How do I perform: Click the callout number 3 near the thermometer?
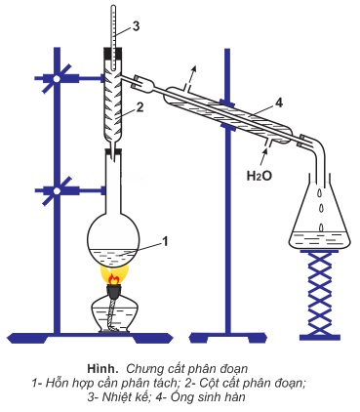pyautogui.click(x=136, y=26)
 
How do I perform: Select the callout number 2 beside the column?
pyautogui.click(x=140, y=107)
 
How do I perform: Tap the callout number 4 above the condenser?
pyautogui.click(x=279, y=103)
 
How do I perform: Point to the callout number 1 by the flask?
pyautogui.click(x=165, y=241)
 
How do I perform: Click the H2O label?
pyautogui.click(x=260, y=176)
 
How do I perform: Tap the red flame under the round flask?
pyautogui.click(x=113, y=279)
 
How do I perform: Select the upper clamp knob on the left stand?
pyautogui.click(x=57, y=78)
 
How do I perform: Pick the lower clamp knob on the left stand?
pyautogui.click(x=57, y=191)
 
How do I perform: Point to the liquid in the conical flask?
pyautogui.click(x=320, y=240)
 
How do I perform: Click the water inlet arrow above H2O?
pyautogui.click(x=263, y=157)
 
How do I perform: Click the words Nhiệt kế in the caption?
pyautogui.click(x=125, y=397)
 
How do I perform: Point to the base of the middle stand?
pyautogui.click(x=228, y=338)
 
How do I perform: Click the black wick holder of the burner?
pyautogui.click(x=113, y=291)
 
